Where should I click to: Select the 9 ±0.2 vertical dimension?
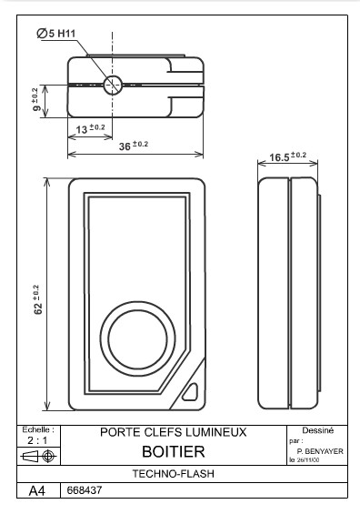(35, 99)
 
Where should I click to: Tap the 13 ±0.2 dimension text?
(89, 129)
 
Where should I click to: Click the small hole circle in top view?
(113, 86)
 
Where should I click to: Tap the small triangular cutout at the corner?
(190, 391)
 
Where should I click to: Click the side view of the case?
(288, 294)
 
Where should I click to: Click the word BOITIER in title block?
(173, 451)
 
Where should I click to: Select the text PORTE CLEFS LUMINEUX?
(173, 432)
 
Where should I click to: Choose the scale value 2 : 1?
(39, 439)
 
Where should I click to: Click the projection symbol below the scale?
(39, 455)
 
